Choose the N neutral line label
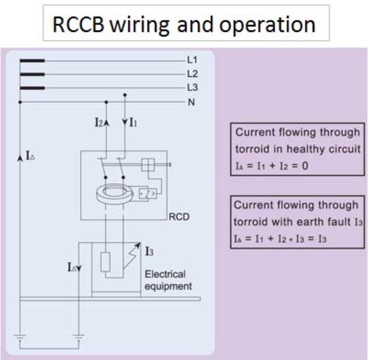coord(192,102)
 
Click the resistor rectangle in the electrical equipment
coord(106,263)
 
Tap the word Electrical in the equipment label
coord(165,275)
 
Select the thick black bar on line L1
coord(32,60)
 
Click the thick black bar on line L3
coord(32,88)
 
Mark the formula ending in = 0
coord(272,166)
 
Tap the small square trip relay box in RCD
coord(148,165)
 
